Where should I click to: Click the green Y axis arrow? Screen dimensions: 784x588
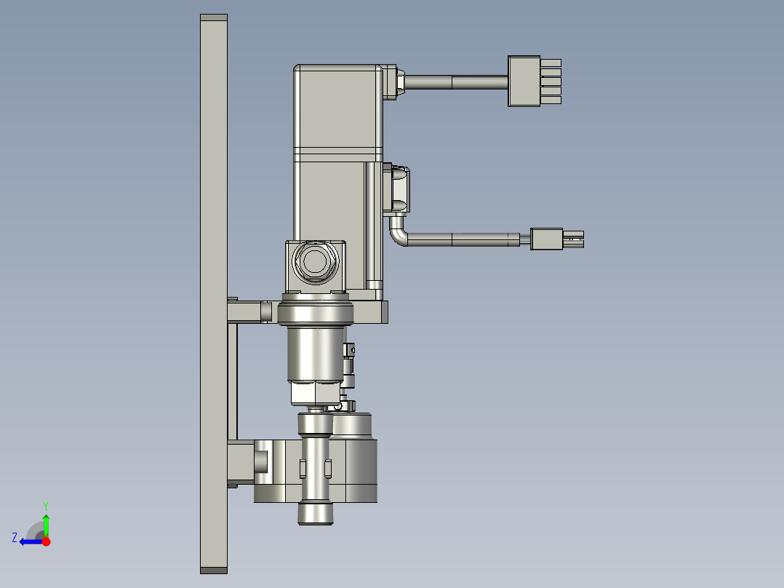pos(46,525)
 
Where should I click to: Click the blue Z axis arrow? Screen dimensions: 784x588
pos(31,541)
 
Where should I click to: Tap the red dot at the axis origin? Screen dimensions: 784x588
pos(47,541)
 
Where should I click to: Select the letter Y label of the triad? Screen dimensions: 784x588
pos(46,506)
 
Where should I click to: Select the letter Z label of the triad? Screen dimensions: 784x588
pos(15,538)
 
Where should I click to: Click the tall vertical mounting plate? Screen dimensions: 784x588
pos(214,294)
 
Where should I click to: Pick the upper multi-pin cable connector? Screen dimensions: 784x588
pos(534,81)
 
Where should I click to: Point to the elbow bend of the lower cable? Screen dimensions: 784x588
pos(399,234)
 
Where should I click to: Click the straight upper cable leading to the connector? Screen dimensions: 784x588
pos(455,82)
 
